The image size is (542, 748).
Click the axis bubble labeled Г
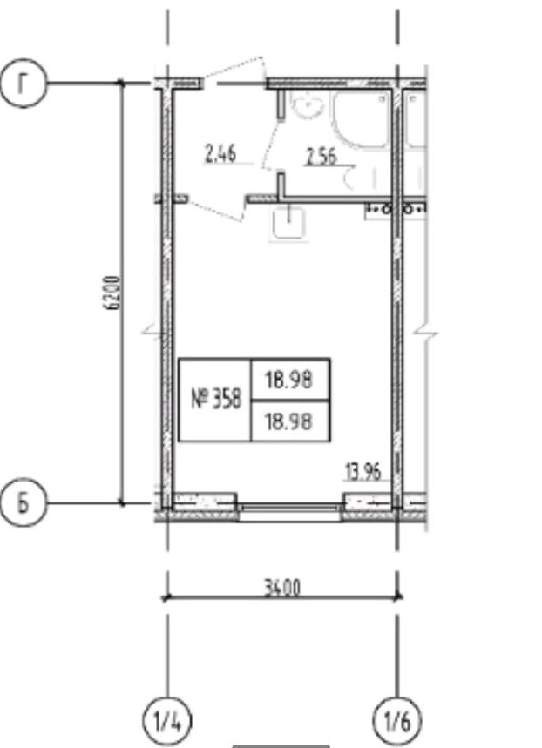(23, 84)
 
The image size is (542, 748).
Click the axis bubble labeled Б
(23, 503)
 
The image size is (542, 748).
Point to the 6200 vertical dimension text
(113, 293)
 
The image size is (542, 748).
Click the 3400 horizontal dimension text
(283, 588)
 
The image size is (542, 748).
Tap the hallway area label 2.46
(220, 155)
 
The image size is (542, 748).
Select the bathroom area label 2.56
(322, 157)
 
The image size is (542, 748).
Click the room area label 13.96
(362, 472)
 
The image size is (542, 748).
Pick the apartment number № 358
(216, 399)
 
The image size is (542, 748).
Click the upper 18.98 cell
(289, 381)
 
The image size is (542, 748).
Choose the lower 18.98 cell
(289, 421)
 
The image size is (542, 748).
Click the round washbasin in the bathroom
(306, 104)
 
